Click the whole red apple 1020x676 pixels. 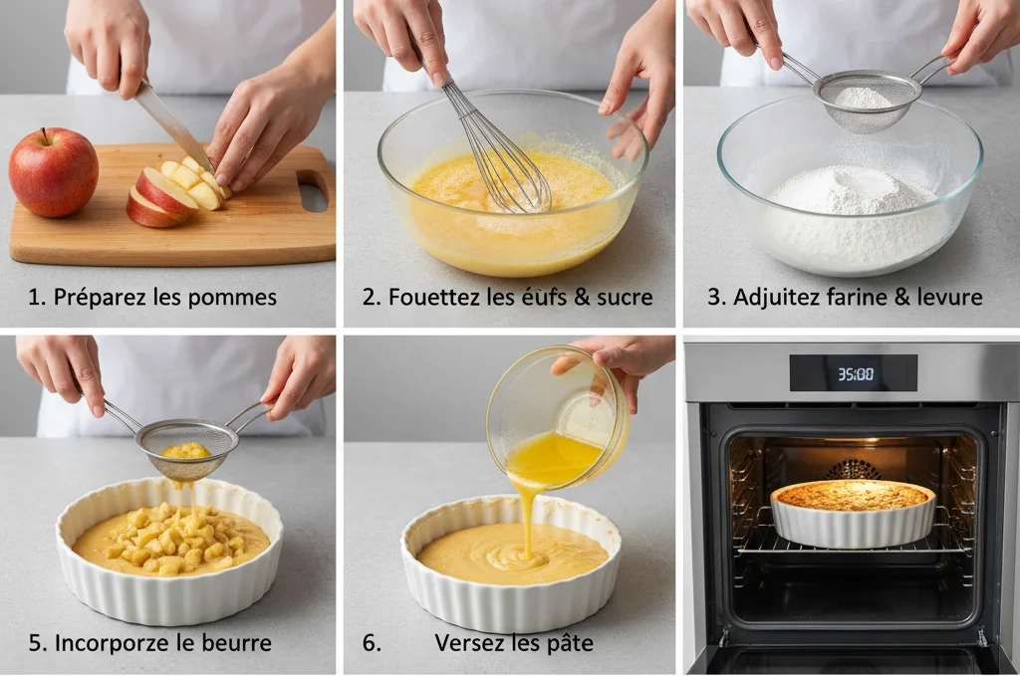54,171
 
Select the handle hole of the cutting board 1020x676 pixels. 312,190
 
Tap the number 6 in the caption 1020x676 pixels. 372,643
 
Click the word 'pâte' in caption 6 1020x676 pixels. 570,643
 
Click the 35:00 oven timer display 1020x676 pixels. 854,374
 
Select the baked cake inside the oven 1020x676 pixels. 853,495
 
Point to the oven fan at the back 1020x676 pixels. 854,468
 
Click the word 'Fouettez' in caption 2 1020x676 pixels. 430,297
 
